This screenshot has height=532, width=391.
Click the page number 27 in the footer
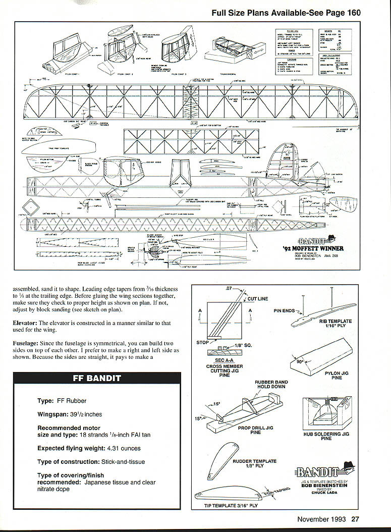(x=355, y=518)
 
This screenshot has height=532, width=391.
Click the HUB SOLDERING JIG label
(x=326, y=436)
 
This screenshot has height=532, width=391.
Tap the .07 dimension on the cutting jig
(x=229, y=289)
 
